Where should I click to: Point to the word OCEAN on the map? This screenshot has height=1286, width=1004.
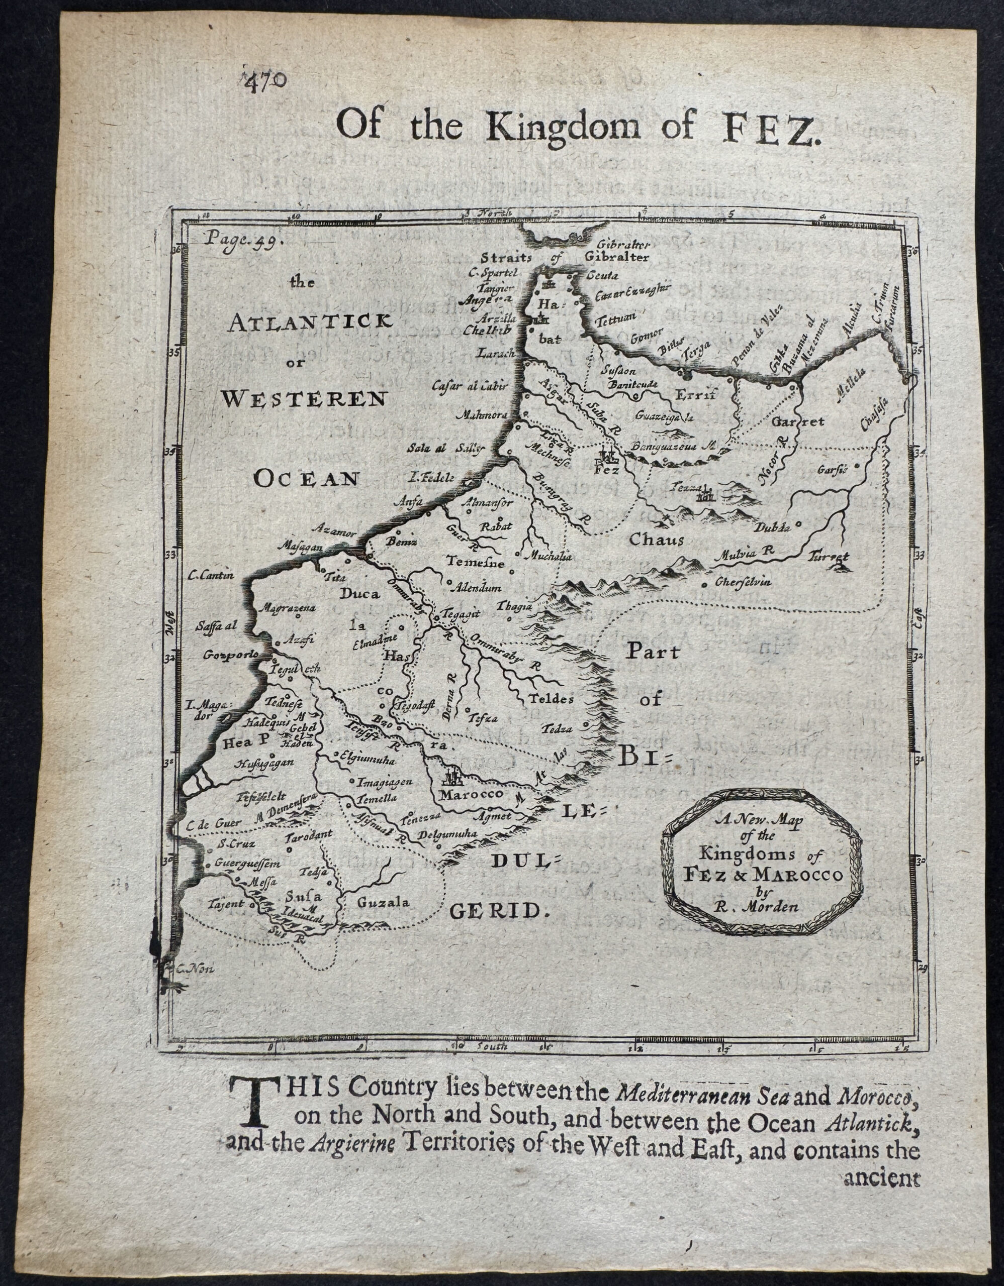pyautogui.click(x=306, y=479)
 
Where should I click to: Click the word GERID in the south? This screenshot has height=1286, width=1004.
pyautogui.click(x=499, y=912)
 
